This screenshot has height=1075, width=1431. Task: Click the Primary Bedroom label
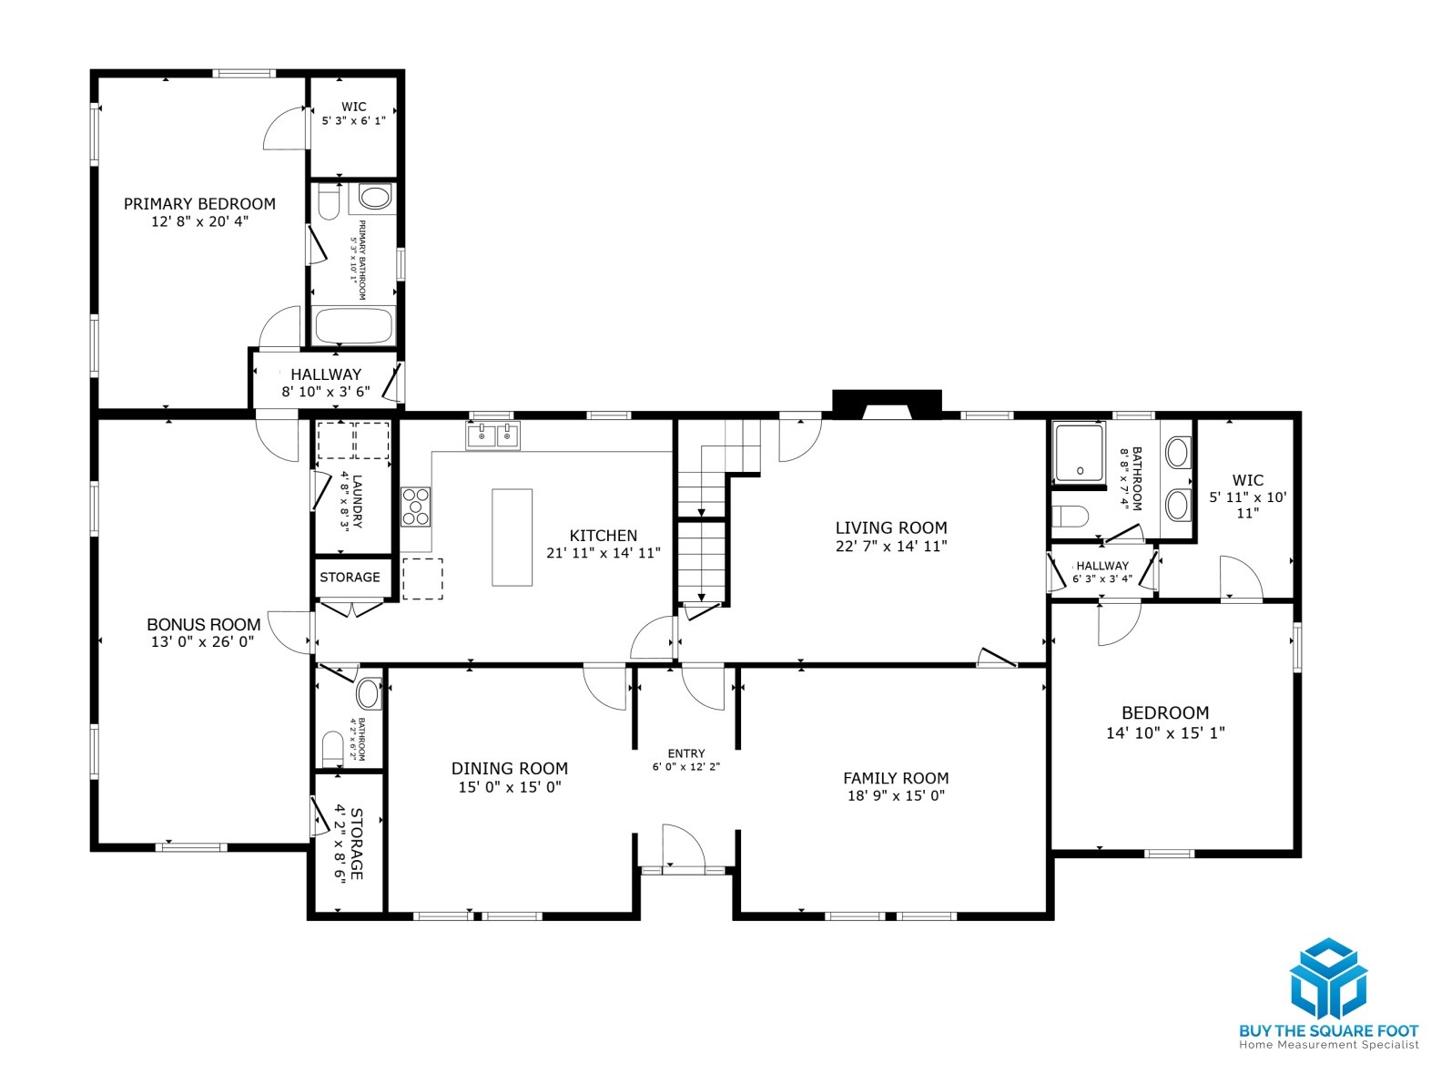(199, 204)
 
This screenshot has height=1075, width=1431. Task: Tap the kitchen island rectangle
(512, 537)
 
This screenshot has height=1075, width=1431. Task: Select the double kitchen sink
(492, 435)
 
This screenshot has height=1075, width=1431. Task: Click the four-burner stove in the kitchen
(415, 507)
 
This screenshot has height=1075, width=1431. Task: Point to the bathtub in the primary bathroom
(353, 325)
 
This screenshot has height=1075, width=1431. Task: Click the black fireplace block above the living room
(887, 404)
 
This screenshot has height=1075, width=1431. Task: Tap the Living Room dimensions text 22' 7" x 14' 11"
(891, 546)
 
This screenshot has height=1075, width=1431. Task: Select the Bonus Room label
(203, 624)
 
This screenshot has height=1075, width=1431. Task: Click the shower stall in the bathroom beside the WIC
(1080, 454)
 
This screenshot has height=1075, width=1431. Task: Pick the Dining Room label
(510, 768)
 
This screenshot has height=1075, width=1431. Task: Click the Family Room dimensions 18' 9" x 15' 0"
(896, 795)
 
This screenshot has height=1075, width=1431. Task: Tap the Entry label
(685, 753)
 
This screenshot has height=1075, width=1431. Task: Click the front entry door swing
(684, 846)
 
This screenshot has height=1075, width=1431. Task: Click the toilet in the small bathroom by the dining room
(333, 750)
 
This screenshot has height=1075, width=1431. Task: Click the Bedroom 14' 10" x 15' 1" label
(1165, 722)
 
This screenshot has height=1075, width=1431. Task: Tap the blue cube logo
(1328, 978)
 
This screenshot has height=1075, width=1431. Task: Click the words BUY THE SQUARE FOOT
(1329, 1031)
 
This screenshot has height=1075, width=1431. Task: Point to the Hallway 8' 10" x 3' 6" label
(325, 383)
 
